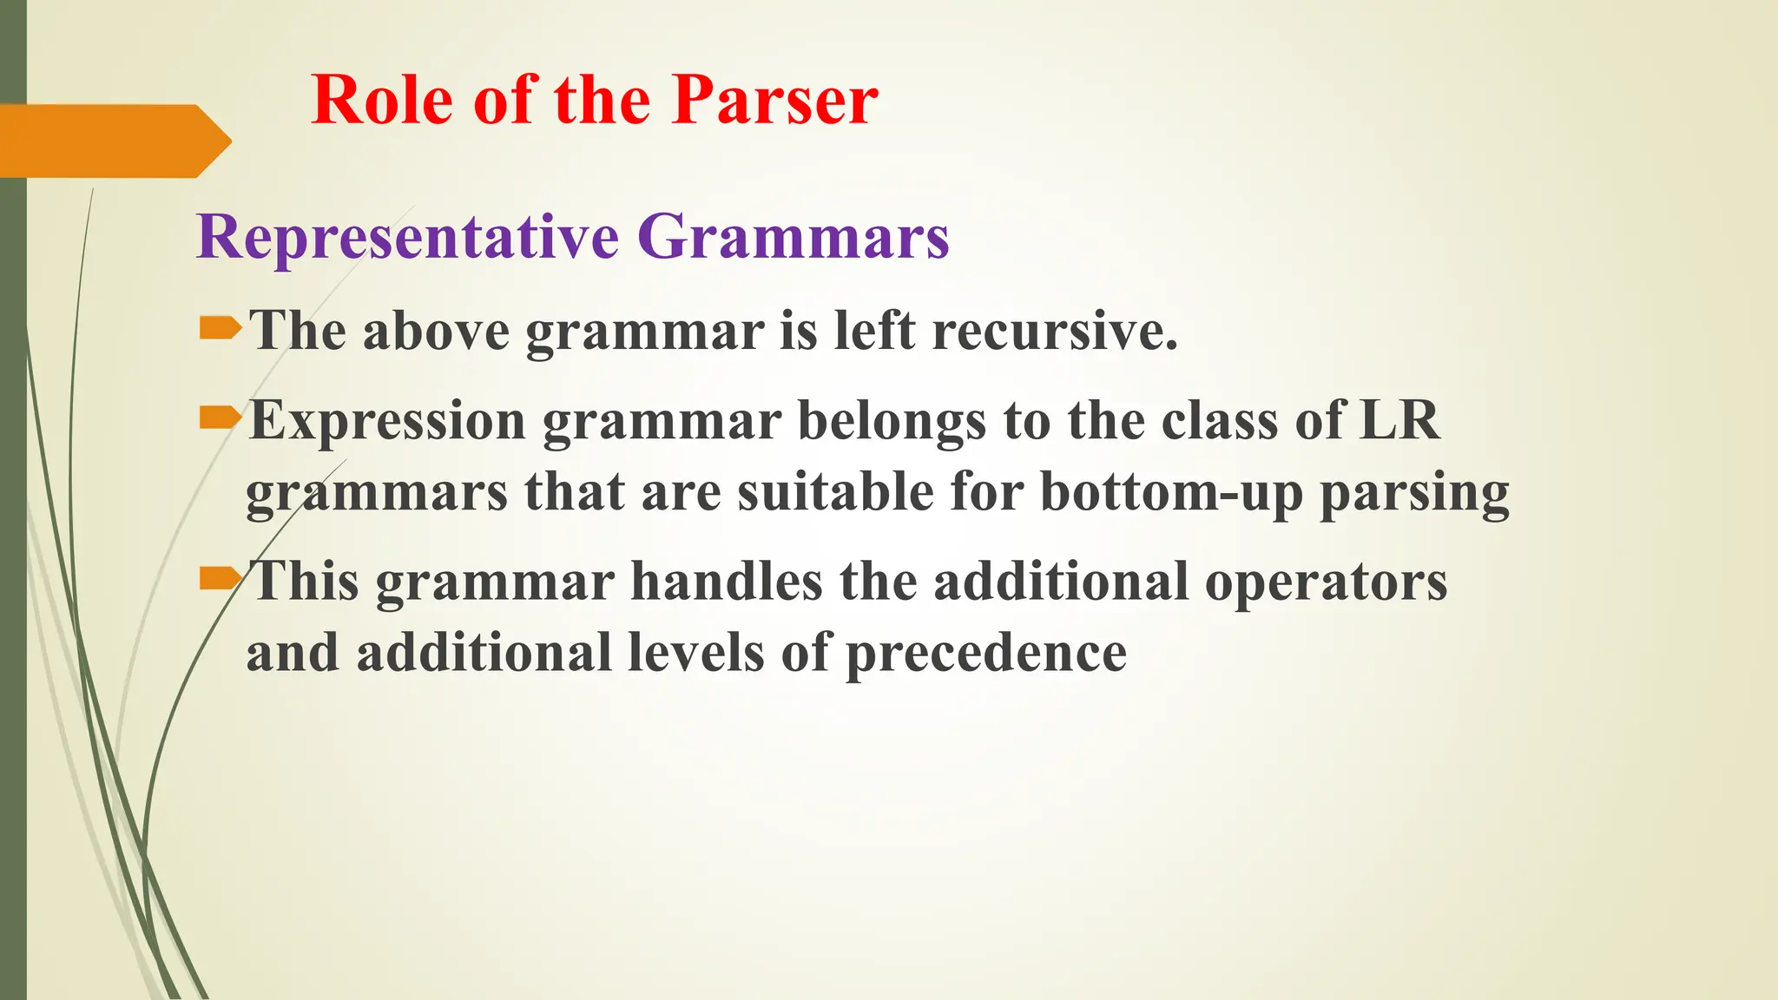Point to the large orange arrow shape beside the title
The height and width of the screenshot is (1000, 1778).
[113, 141]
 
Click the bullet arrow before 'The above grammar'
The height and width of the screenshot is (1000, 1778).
[220, 328]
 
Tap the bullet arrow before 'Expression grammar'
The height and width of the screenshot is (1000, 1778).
[220, 419]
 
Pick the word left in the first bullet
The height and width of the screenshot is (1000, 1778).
[874, 332]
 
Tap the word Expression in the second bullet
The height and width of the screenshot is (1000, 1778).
[387, 421]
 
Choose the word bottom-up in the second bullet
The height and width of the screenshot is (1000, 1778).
[1171, 493]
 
